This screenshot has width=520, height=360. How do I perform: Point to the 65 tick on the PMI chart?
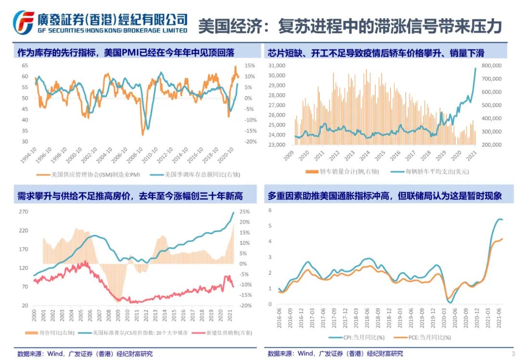pos(25,65)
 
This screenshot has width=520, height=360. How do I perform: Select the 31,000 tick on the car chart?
pos(277,65)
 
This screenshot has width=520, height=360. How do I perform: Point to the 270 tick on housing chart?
pos(24,212)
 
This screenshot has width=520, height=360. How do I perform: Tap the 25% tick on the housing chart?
pos(244,212)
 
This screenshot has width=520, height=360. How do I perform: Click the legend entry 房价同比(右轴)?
pos(52,333)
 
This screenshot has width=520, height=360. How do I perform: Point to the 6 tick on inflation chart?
pos(270,210)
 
